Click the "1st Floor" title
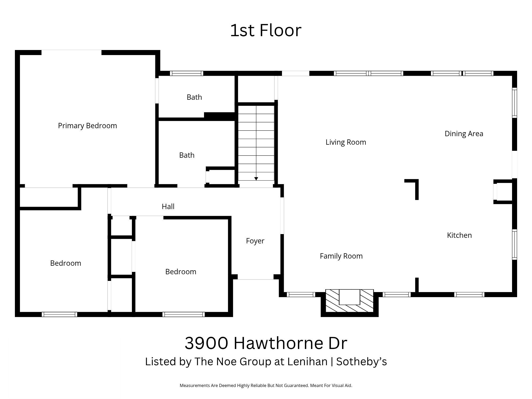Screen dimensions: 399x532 pos(266,30)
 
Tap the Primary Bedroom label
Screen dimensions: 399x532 pos(87,126)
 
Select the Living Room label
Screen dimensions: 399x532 pos(346,142)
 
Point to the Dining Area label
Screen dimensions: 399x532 pos(464,134)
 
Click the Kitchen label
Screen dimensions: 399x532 pos(459,235)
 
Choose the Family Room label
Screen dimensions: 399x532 pos(341,256)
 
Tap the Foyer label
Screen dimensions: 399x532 pos(255,241)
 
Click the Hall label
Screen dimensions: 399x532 pos(168,206)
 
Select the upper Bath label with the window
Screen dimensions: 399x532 pos(194,97)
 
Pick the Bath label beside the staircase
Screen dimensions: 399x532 pos(187,155)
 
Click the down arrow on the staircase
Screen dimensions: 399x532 pos(256,178)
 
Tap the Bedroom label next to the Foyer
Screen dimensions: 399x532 pos(181,272)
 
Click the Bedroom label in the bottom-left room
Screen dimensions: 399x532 pos(65,263)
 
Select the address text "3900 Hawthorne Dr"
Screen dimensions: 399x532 pos(266,343)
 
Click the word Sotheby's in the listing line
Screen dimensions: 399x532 pos(361,361)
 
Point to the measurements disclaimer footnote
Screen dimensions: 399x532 pos(266,385)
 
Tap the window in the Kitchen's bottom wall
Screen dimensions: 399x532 pos(469,294)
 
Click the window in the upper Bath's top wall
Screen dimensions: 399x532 pos(186,73)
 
